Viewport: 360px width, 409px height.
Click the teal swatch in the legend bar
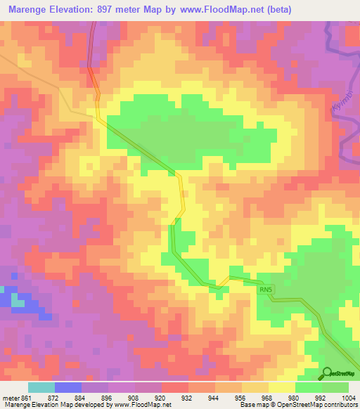click(41, 387)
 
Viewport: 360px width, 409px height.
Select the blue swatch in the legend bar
click(68, 387)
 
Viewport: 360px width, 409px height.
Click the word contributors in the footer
click(340, 405)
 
